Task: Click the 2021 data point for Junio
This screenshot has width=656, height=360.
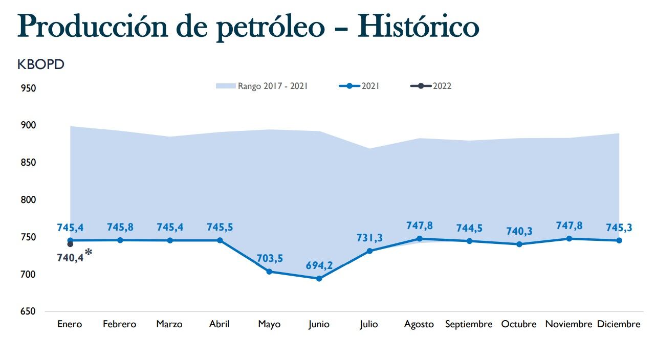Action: (x=319, y=279)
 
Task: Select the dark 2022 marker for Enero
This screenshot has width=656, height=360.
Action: (x=70, y=244)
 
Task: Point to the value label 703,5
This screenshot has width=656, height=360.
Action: (x=269, y=259)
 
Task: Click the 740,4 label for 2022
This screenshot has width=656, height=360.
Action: (x=70, y=258)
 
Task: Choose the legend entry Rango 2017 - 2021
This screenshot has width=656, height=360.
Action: (x=262, y=86)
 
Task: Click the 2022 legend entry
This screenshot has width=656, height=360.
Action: (x=431, y=86)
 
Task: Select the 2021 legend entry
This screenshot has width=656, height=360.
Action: (x=359, y=86)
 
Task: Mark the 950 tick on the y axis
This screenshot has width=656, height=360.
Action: (x=29, y=88)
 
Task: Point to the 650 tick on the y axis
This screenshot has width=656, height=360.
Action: (x=29, y=312)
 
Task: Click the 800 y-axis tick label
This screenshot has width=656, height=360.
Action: (x=29, y=200)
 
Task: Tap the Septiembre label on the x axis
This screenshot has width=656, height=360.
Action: (x=469, y=324)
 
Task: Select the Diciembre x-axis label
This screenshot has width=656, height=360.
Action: (x=619, y=324)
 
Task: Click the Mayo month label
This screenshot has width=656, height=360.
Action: (x=269, y=324)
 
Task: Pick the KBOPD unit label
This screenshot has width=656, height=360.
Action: (x=41, y=65)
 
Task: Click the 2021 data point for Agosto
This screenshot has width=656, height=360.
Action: (x=419, y=239)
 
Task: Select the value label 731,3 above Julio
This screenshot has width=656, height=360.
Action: (x=369, y=238)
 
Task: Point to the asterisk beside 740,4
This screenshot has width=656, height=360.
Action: (x=89, y=252)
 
